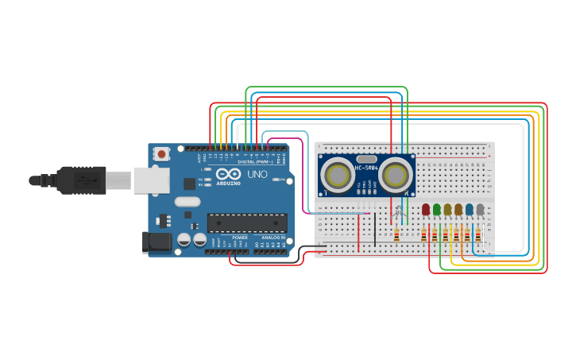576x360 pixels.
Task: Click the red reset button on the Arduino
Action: point(162,153)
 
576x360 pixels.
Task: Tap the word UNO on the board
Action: point(257,174)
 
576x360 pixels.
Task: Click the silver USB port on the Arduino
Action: point(151,180)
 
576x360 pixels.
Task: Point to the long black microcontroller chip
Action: point(246,223)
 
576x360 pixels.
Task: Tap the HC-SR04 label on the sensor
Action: point(366,168)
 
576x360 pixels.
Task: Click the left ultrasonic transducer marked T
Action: point(338,175)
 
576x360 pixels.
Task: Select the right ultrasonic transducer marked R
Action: point(396,174)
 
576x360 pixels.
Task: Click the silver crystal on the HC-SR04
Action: point(366,159)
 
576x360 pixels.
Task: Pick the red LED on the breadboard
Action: point(426,209)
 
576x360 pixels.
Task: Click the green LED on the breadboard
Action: point(436,209)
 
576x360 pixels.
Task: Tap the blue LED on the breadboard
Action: point(469,209)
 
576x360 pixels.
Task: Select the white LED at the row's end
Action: point(480,209)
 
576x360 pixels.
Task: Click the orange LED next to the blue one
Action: point(458,209)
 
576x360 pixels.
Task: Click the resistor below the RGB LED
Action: point(396,234)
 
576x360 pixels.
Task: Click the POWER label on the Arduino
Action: point(240,237)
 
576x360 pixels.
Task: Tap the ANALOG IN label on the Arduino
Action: point(273,237)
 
